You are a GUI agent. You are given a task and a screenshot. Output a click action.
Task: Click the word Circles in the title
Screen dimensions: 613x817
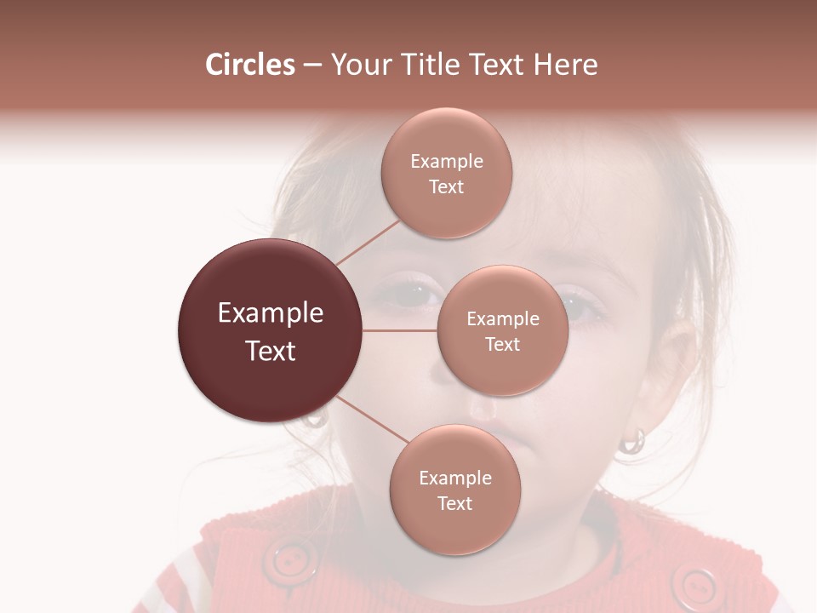coord(249,65)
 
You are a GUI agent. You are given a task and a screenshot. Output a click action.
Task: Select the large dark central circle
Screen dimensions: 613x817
coord(271,330)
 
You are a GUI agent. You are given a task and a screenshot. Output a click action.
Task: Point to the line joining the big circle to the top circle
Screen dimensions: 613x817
coord(368,241)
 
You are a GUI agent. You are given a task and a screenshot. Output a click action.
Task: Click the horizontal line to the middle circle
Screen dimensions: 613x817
coord(400,329)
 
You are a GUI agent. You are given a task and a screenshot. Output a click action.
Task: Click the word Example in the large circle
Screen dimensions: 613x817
coord(271,313)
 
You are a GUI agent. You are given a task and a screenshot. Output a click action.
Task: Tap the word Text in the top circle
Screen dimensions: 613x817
coord(446,186)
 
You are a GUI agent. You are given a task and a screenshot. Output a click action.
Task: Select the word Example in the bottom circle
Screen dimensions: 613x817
coord(454,478)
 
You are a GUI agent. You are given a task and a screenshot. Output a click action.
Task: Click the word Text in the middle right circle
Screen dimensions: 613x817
coord(502,344)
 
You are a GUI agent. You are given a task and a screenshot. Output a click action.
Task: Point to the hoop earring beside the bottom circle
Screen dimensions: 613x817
coord(632,441)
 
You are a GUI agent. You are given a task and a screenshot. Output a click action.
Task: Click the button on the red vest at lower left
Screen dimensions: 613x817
coord(289,559)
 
